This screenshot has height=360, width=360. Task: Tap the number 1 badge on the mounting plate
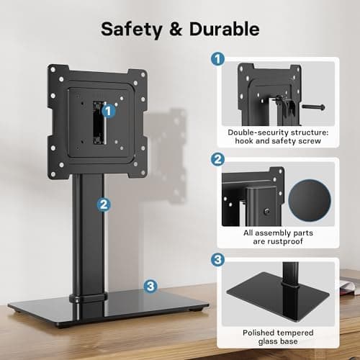(107, 110)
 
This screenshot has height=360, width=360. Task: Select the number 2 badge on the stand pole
(104, 204)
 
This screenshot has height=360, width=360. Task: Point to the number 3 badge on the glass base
(150, 286)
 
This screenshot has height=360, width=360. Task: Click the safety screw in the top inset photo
(315, 107)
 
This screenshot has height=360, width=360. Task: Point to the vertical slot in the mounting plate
(94, 123)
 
